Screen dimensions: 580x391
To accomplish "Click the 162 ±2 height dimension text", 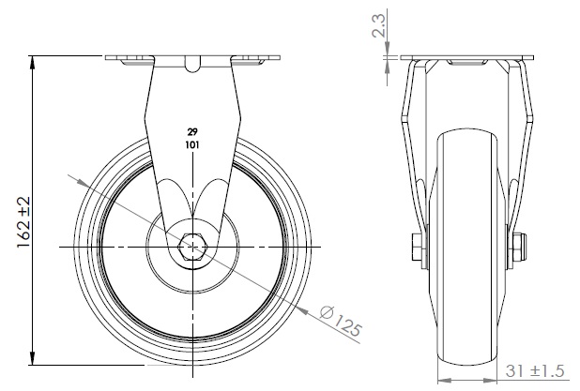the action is (x=24, y=222).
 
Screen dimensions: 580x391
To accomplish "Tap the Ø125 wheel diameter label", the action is (x=341, y=321).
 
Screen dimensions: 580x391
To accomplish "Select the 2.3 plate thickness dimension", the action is (x=379, y=25).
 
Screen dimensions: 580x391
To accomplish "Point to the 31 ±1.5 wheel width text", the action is (x=535, y=370).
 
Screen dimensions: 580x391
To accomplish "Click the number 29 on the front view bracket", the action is (x=192, y=132).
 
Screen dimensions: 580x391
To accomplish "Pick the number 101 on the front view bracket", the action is (x=192, y=145).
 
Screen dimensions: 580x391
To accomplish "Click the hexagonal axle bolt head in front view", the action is (x=192, y=247).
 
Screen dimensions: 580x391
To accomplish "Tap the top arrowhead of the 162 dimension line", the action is (x=33, y=62).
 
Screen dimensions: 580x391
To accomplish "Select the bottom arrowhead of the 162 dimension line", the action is (x=33, y=358).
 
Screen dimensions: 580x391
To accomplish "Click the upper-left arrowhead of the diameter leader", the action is (x=83, y=182).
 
